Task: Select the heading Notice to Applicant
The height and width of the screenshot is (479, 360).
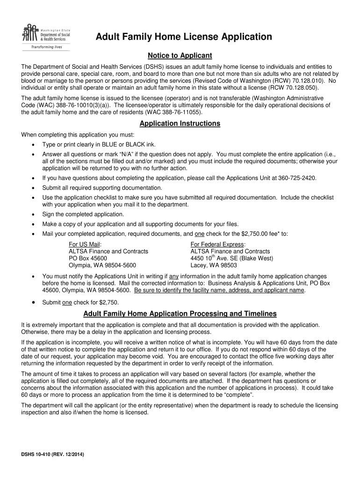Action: point(180,56)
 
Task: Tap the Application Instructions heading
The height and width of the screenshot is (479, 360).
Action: point(180,123)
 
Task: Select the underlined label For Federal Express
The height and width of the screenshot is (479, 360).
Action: point(218,244)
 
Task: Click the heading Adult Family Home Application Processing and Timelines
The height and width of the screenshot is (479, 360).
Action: point(180,313)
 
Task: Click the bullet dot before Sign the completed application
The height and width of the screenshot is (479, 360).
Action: point(33,214)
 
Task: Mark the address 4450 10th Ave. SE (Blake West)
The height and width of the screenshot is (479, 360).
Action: point(232,258)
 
